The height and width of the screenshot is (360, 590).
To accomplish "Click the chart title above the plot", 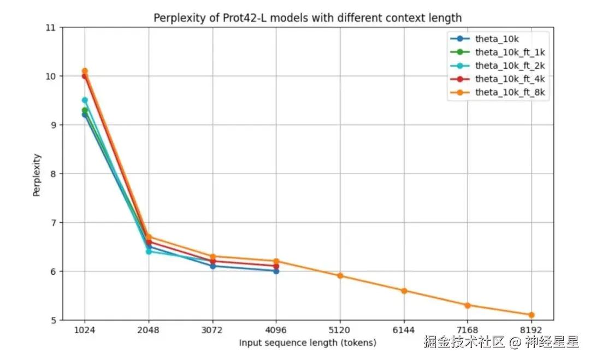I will (307, 18).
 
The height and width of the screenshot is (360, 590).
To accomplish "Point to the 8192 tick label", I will (531, 331).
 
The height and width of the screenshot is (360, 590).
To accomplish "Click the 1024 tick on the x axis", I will (85, 331).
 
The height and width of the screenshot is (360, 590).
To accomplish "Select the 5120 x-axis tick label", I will (340, 331).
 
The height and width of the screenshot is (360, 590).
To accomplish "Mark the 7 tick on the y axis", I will (52, 223).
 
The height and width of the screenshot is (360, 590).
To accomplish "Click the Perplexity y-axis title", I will (37, 174).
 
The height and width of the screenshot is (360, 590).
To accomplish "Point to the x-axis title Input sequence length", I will (308, 343).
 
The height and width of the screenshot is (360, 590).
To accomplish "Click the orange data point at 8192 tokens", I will (531, 315).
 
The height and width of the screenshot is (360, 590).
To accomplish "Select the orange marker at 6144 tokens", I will (404, 291).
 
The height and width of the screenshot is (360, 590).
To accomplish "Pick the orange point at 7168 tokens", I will (468, 305).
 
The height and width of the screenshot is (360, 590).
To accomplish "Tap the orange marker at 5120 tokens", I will (340, 276).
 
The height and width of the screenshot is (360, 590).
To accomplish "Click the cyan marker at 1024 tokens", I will (85, 100).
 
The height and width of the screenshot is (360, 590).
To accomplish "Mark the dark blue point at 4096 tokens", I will (276, 271).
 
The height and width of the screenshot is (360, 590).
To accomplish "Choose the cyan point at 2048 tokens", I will (149, 251).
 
